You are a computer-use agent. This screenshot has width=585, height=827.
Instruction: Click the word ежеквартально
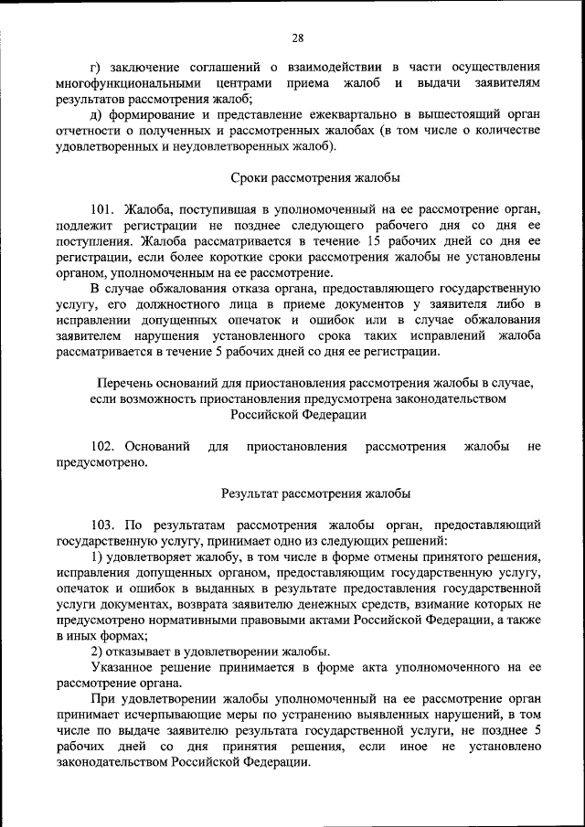[x=361, y=114]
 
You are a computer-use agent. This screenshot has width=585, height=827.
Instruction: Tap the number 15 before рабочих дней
[x=371, y=241]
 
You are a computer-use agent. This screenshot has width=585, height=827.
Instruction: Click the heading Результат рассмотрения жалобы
[x=315, y=493]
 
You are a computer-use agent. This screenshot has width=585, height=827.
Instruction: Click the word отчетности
[x=90, y=131]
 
